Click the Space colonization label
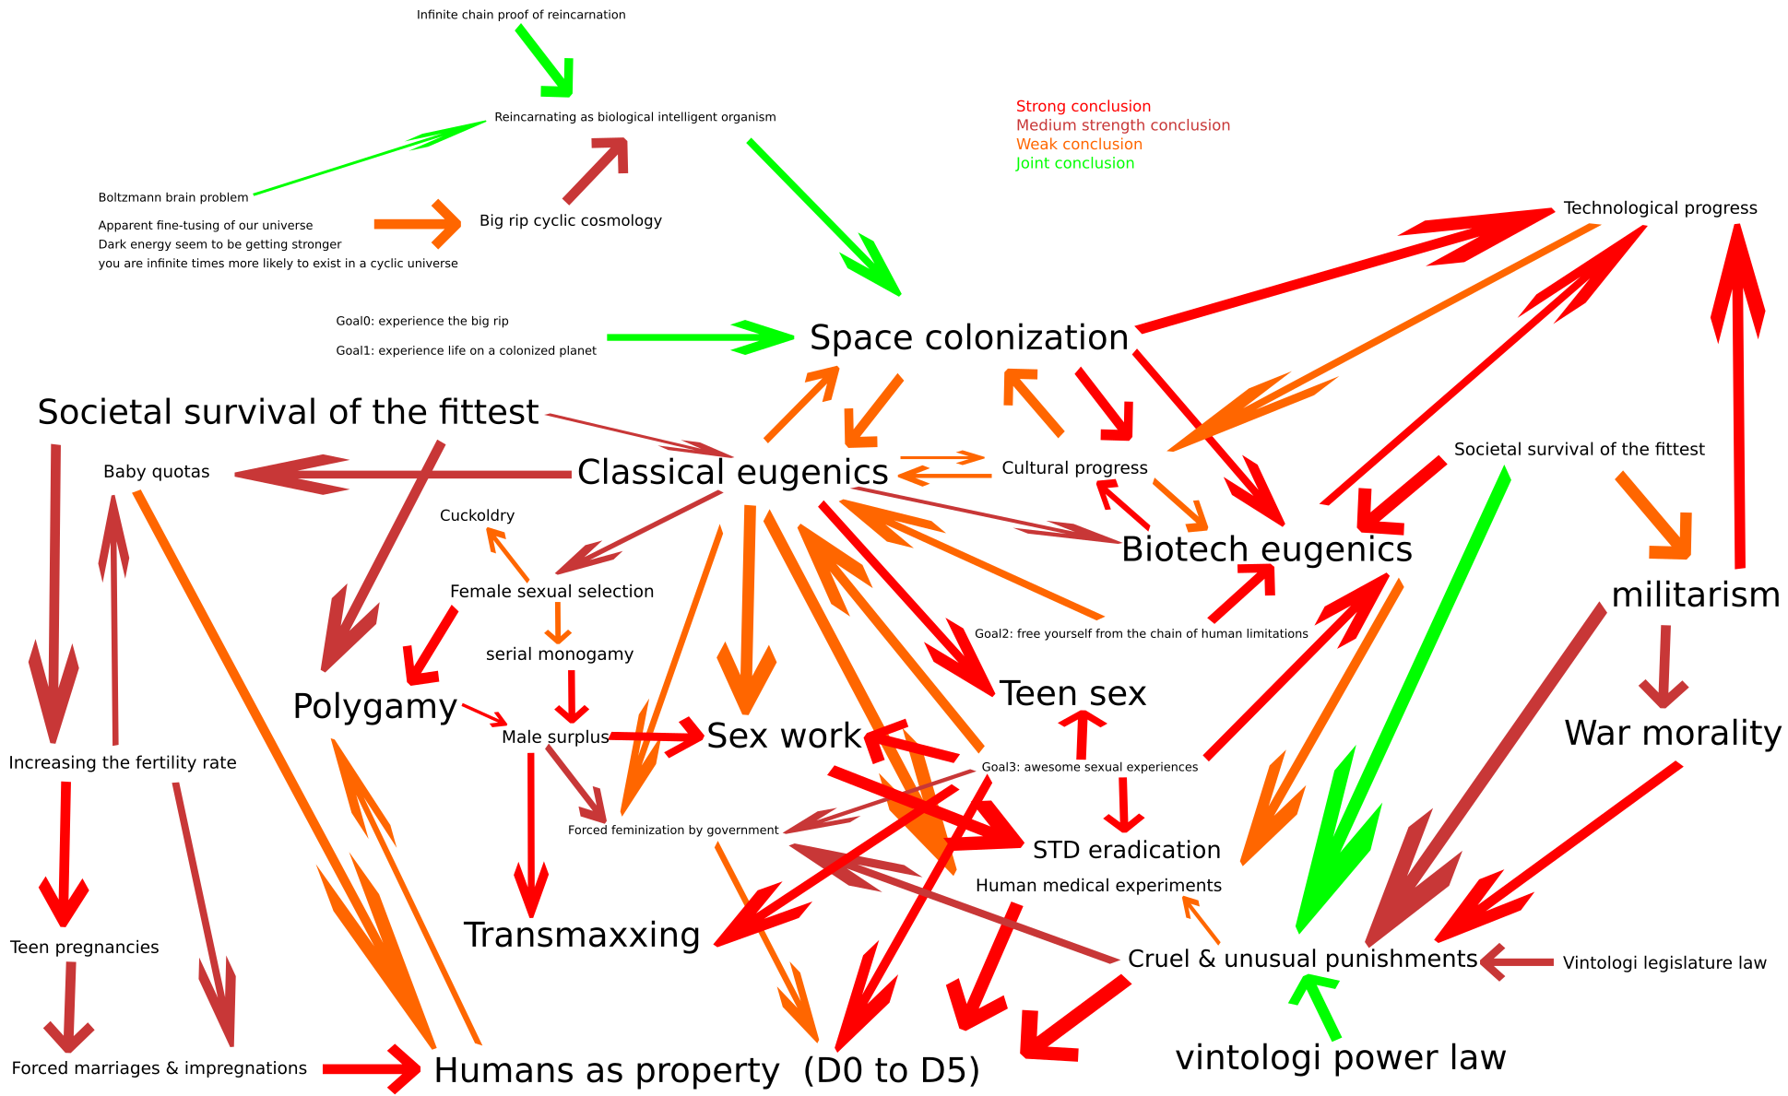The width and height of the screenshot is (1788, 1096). tap(968, 338)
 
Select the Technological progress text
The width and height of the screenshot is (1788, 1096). tap(1660, 208)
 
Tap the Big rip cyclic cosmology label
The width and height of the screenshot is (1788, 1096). tap(570, 221)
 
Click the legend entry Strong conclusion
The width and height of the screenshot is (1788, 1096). tap(1083, 107)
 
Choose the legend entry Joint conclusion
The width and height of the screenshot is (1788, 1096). tap(1074, 164)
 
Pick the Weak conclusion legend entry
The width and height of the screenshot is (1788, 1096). tap(1078, 145)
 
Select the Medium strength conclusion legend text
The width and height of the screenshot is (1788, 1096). tap(1122, 125)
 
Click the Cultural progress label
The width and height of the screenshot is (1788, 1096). tap(1074, 468)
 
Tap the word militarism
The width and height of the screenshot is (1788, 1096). tap(1695, 595)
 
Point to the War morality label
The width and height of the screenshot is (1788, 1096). tap(1672, 734)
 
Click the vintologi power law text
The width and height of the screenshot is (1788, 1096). tap(1340, 1058)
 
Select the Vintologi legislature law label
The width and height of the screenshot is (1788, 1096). tap(1664, 963)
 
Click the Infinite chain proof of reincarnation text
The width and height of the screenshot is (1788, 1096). tap(520, 15)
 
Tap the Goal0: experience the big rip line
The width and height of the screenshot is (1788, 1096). tap(421, 322)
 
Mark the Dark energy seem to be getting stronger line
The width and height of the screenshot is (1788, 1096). tap(219, 244)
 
